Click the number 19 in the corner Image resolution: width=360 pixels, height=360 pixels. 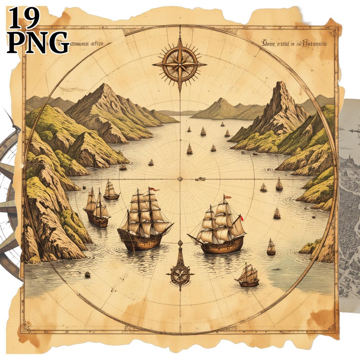click(x=24, y=18)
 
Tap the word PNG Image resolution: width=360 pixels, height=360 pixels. click(x=38, y=42)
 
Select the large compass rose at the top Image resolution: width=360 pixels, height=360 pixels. click(x=180, y=64)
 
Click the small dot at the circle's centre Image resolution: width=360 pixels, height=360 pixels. click(x=180, y=179)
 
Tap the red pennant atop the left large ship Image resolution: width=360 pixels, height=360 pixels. click(x=153, y=189)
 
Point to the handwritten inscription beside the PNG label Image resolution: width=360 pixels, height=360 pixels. click(x=86, y=44)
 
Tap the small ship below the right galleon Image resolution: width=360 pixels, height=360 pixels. click(x=248, y=276)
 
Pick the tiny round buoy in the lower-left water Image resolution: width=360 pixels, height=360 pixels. click(x=87, y=275)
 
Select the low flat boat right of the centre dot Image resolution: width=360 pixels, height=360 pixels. click(x=200, y=179)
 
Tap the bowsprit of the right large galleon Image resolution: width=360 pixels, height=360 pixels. click(x=192, y=237)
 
